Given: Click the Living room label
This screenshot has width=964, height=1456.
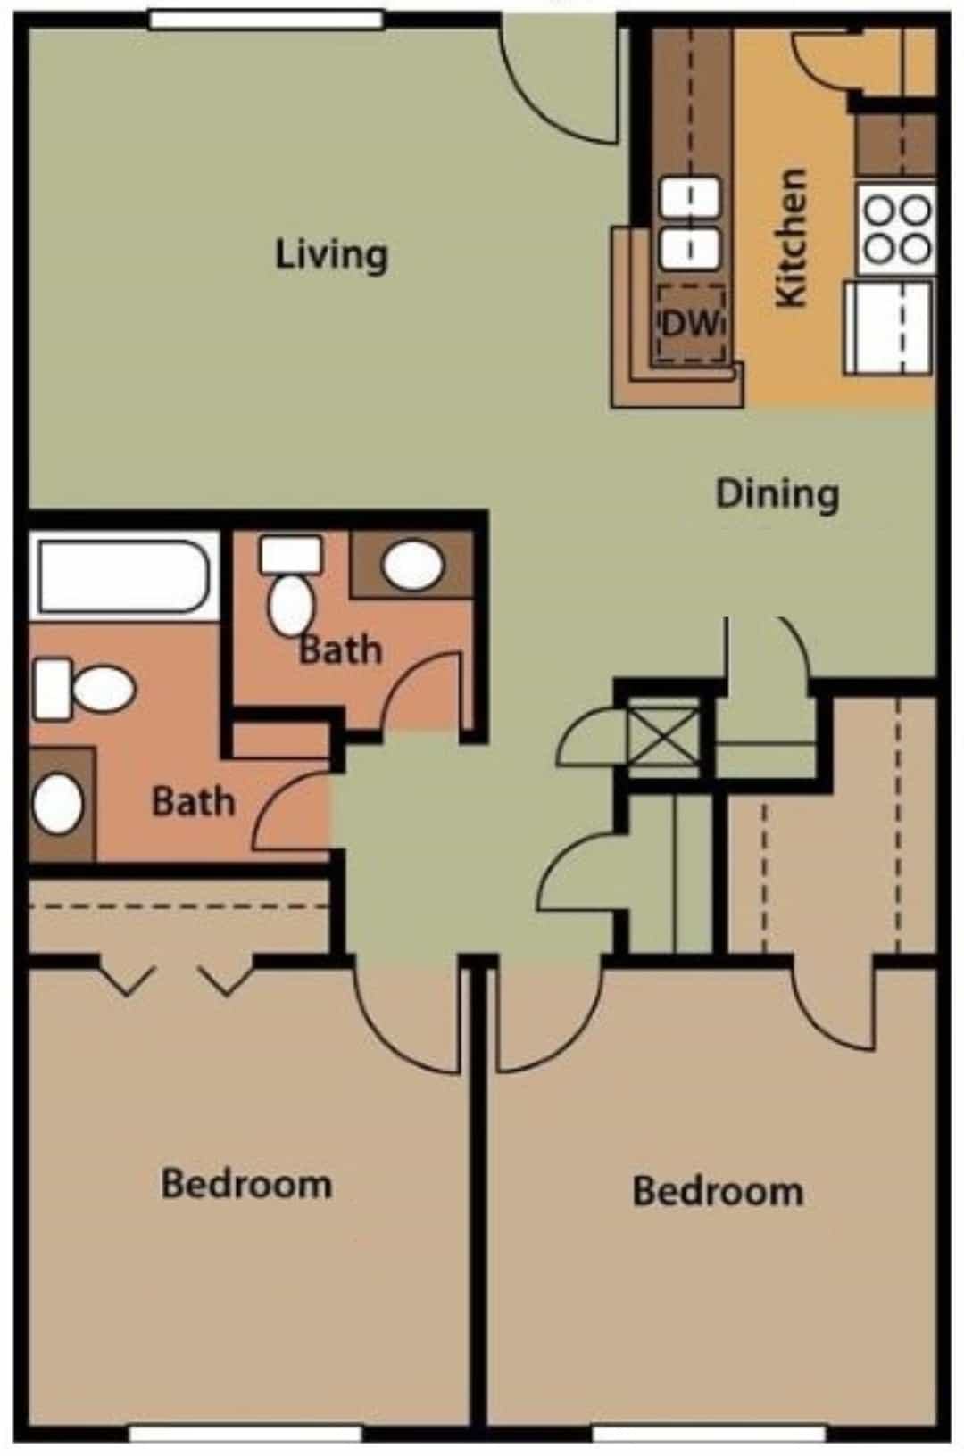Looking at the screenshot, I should click(x=331, y=254).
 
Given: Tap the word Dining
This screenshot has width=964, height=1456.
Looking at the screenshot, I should click(x=777, y=493).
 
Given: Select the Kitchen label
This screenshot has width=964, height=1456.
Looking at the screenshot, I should click(x=792, y=239).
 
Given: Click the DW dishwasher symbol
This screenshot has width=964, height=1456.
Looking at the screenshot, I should click(x=691, y=323).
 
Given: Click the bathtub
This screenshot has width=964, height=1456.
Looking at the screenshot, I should click(x=123, y=576).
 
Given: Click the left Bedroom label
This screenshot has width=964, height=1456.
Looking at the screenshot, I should click(x=246, y=1185).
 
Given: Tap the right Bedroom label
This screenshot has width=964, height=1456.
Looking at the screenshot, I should click(x=718, y=1191).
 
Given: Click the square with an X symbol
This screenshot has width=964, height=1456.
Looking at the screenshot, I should click(x=662, y=734).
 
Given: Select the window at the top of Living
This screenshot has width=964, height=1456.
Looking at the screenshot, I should click(x=265, y=19).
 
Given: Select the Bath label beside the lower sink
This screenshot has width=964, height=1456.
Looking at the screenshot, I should click(x=193, y=801).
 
